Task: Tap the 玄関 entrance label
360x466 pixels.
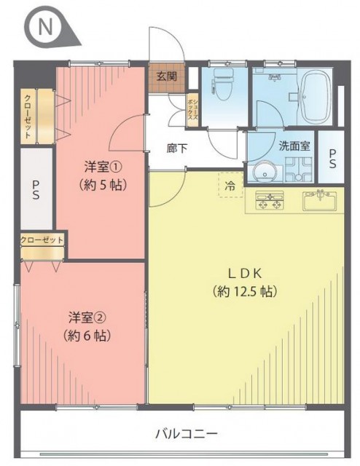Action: pos(167,76)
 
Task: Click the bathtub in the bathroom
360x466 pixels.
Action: pos(315,97)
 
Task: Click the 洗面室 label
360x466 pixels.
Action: pos(294,146)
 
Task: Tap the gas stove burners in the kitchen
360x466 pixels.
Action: pos(270,200)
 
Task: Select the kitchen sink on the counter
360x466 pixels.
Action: pos(319,200)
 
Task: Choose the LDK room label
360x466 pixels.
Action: pos(245,274)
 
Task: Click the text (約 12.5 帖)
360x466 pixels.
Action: pos(245,291)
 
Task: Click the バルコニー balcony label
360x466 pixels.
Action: pos(187,434)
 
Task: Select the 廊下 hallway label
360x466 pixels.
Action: pos(177,149)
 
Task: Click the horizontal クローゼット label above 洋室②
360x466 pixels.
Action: pos(42,240)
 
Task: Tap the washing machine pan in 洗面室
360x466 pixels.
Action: pos(298,169)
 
